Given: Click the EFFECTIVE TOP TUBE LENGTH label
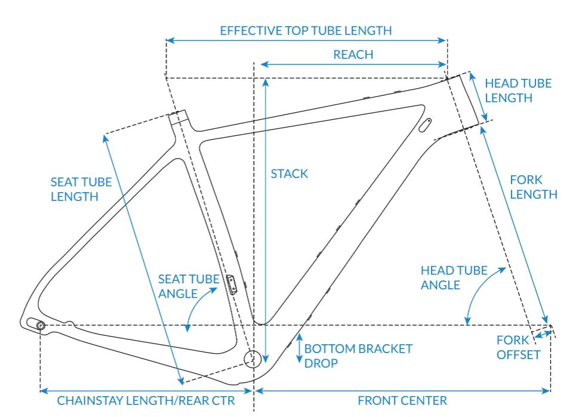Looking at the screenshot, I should click(306, 30).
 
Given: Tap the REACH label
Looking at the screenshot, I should click(353, 54).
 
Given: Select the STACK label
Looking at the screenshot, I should click(289, 174).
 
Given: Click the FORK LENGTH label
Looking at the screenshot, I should click(533, 187).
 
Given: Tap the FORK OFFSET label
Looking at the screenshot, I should click(518, 347).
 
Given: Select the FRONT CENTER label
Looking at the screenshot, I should click(402, 400).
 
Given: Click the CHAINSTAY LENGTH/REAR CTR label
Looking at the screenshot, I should click(146, 400).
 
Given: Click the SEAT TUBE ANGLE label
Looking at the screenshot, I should click(181, 285).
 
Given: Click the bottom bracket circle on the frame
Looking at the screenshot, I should click(252, 357).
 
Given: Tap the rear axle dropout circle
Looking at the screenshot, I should click(41, 325).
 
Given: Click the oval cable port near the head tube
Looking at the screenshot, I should click(425, 125).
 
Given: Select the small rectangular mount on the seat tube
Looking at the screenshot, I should click(232, 283).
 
